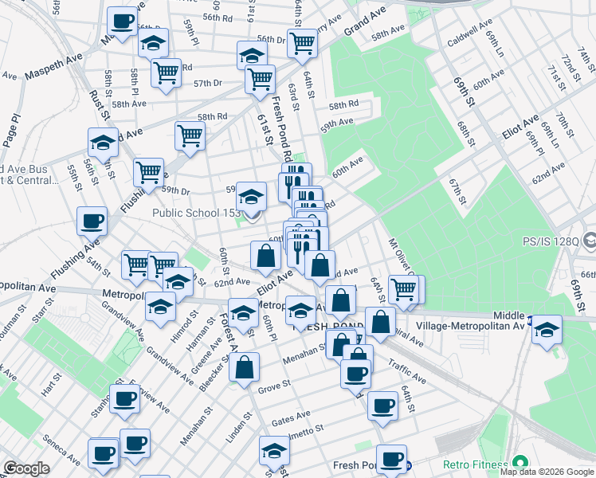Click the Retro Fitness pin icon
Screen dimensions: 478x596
click(520, 463)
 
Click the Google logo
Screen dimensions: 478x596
click(26, 468)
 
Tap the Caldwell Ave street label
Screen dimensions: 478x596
click(468, 38)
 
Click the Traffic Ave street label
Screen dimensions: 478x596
click(406, 367)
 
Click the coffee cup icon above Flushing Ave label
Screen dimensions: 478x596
click(92, 220)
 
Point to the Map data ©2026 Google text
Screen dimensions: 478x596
click(547, 472)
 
